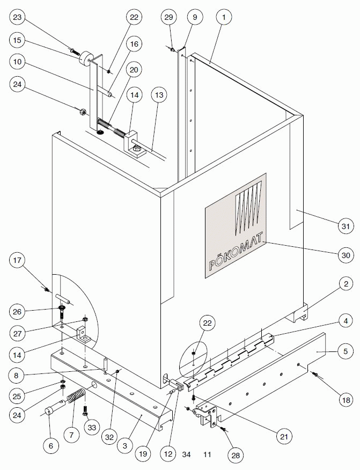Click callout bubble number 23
click(18, 18)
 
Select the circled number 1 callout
click(224, 17)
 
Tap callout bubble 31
click(345, 226)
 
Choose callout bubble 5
click(345, 352)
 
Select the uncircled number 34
click(186, 454)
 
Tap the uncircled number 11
click(207, 454)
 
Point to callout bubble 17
click(18, 261)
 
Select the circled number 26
click(18, 311)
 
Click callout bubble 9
click(195, 17)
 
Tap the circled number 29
click(168, 17)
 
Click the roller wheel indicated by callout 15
click(85, 60)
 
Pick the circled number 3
click(124, 446)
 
